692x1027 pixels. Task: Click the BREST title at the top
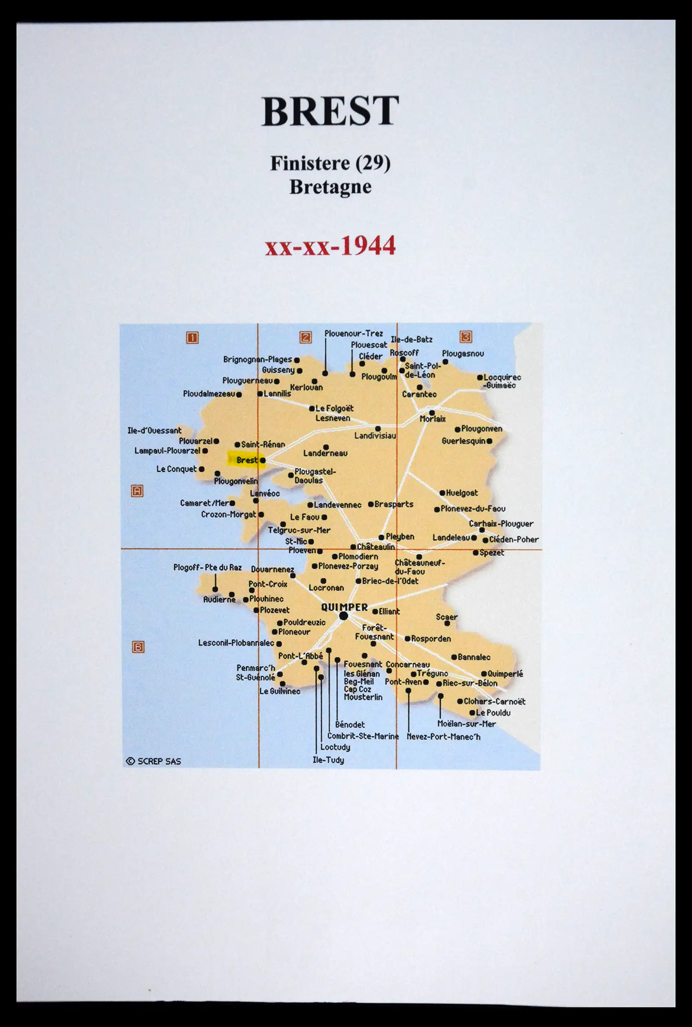point(330,111)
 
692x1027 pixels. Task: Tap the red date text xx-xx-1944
point(330,246)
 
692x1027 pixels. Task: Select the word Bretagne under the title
point(330,187)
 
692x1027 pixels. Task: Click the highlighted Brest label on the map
point(246,460)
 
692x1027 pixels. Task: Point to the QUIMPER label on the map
point(344,607)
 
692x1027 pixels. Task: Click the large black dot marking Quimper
point(344,616)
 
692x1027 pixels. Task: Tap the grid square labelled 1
point(192,337)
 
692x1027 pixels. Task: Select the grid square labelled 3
point(466,336)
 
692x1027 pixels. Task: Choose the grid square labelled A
point(137,490)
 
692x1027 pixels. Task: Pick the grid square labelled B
point(138,647)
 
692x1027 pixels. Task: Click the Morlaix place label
point(432,419)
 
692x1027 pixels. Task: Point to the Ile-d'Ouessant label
point(154,430)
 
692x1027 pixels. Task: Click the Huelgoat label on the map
point(461,493)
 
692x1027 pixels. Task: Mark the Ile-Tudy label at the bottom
point(328,760)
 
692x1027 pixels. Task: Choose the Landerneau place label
point(325,453)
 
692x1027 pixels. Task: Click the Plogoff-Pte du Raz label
point(208,567)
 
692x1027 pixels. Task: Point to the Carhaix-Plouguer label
point(501,524)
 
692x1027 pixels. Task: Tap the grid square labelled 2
point(305,337)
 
